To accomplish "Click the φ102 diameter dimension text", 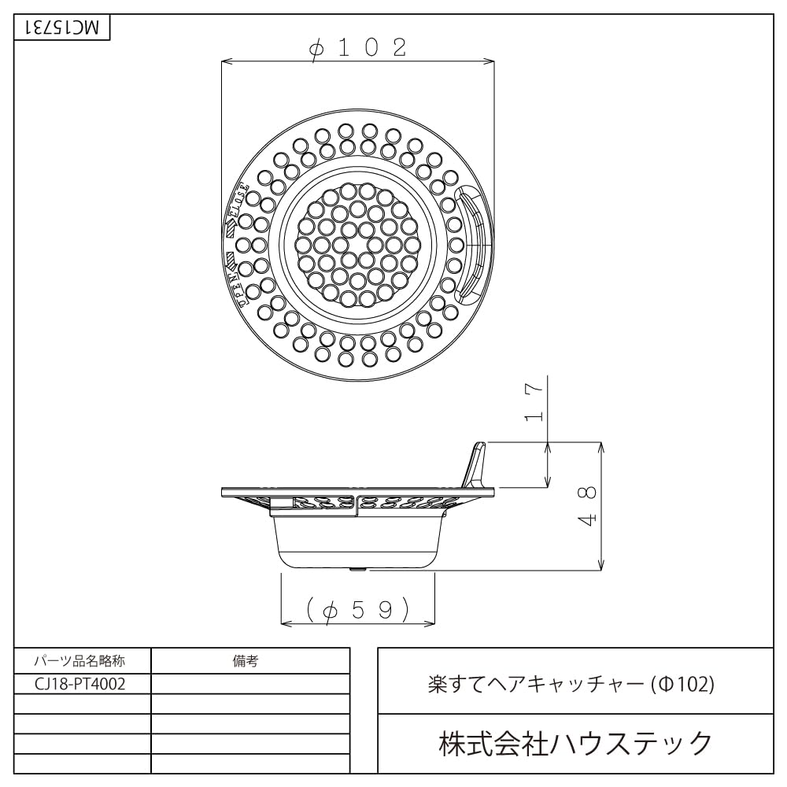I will coord(358,48).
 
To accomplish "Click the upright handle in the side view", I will coord(477,465).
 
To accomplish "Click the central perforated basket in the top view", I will coord(358,244).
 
